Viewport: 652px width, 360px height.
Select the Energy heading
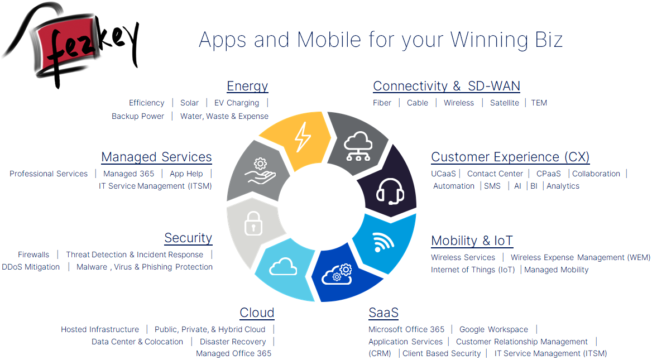(x=247, y=86)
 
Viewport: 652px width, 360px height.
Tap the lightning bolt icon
(x=303, y=137)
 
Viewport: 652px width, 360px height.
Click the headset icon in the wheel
(x=390, y=191)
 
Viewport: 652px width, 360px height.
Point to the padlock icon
(x=253, y=223)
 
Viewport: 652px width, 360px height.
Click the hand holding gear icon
(x=260, y=171)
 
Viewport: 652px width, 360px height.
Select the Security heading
(x=188, y=238)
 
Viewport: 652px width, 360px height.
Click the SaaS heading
(x=383, y=313)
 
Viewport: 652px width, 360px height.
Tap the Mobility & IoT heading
(x=472, y=241)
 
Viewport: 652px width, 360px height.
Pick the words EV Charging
(x=237, y=103)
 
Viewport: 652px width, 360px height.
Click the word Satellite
(x=505, y=103)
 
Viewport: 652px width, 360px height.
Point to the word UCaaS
(x=443, y=174)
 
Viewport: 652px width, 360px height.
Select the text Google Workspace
(x=493, y=330)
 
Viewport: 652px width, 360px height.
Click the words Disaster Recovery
(x=233, y=342)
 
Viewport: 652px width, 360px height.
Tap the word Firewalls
(x=33, y=255)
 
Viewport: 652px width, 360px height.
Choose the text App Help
(x=186, y=174)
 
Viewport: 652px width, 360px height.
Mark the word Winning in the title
(x=489, y=40)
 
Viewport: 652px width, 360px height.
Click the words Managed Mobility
(x=557, y=270)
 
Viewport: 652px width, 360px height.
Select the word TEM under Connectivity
(x=539, y=103)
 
